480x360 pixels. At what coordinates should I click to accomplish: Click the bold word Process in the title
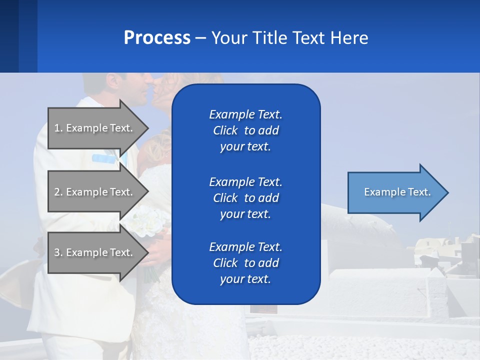(157, 38)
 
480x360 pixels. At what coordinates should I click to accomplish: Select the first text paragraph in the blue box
(245, 130)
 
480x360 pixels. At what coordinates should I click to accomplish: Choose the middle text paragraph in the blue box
(245, 198)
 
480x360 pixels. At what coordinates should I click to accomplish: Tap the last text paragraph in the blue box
(245, 263)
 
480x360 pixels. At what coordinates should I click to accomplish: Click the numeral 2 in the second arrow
(57, 192)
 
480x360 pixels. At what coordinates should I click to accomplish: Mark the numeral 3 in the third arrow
(57, 252)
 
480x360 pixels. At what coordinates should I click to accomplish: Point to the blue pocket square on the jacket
(103, 158)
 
